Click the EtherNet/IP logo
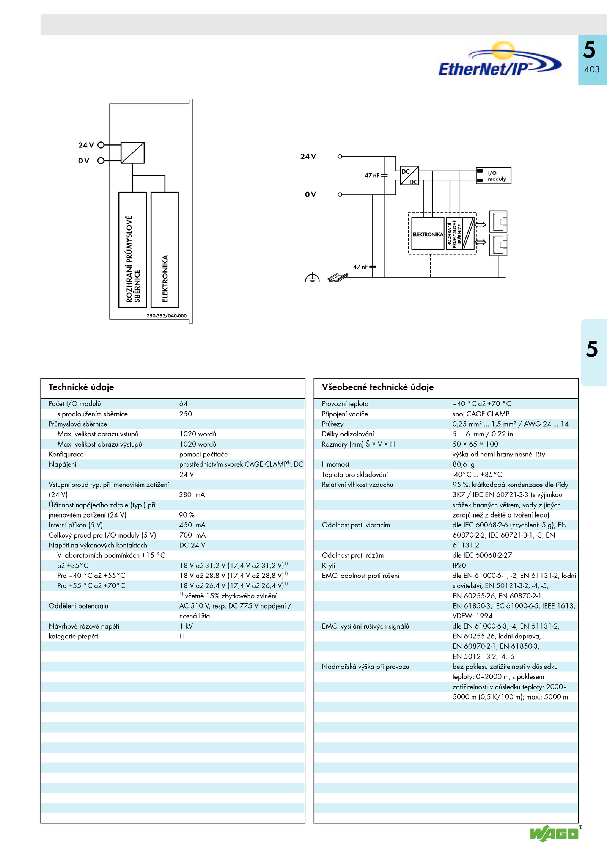pyautogui.click(x=500, y=60)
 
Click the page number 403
pyautogui.click(x=592, y=69)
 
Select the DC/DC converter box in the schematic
pyautogui.click(x=409, y=176)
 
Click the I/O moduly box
pyautogui.click(x=494, y=176)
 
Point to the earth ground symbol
pyautogui.click(x=312, y=278)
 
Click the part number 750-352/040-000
pyautogui.click(x=167, y=315)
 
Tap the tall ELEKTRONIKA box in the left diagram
pyautogui.click(x=165, y=250)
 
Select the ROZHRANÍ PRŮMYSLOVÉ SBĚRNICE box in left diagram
pyautogui.click(x=132, y=250)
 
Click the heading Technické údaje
pyautogui.click(x=81, y=387)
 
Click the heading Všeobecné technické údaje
pyautogui.click(x=377, y=387)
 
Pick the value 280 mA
pyautogui.click(x=192, y=494)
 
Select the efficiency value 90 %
pyautogui.click(x=187, y=515)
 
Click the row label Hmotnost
pyautogui.click(x=335, y=464)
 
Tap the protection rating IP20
pyautogui.click(x=459, y=565)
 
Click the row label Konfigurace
pyautogui.click(x=66, y=454)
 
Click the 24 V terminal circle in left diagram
pyautogui.click(x=101, y=145)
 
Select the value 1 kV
pyautogui.click(x=186, y=626)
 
